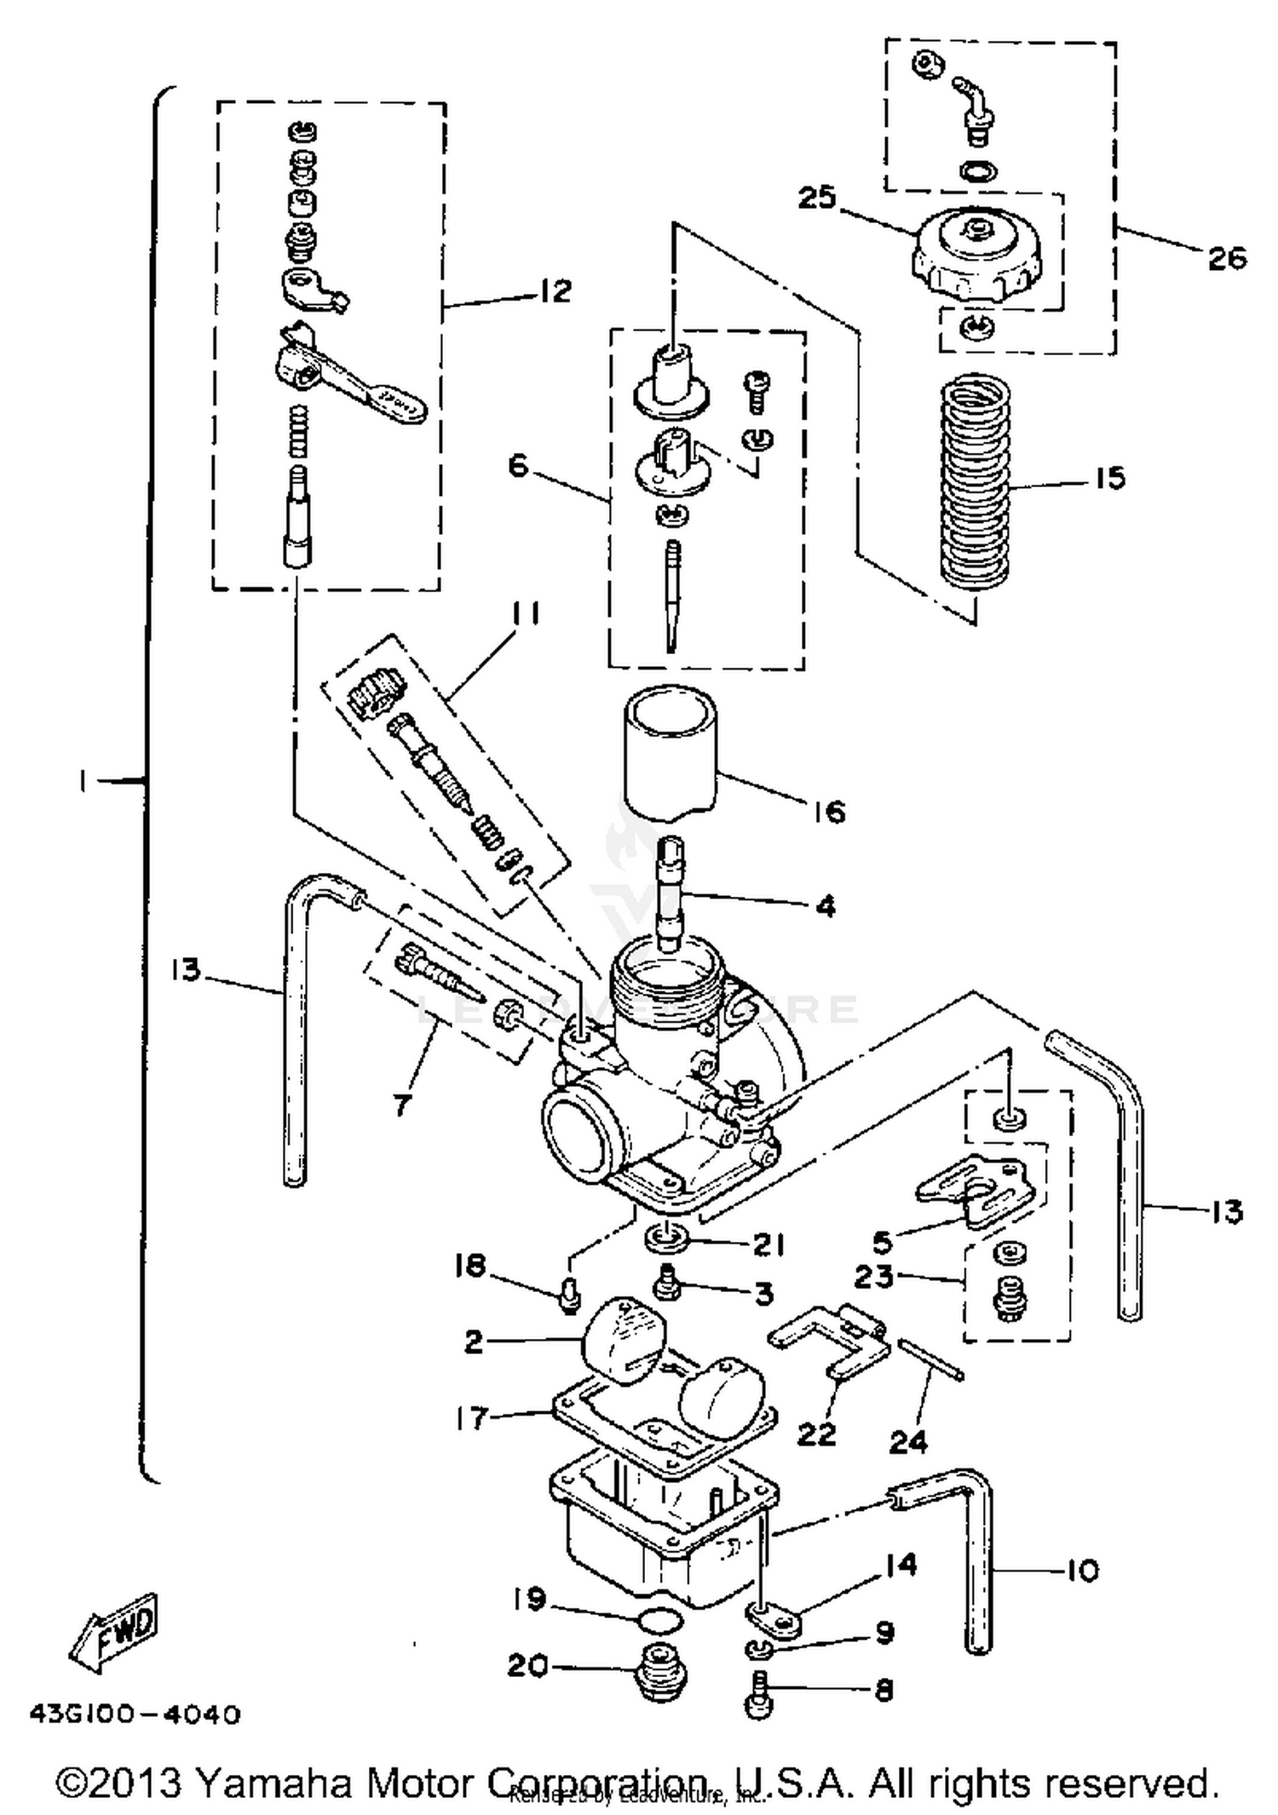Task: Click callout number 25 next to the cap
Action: click(816, 199)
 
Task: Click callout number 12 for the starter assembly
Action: click(555, 292)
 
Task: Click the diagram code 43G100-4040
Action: click(135, 1714)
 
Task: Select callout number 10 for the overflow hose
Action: click(1082, 1570)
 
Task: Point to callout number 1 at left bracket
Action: click(83, 781)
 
